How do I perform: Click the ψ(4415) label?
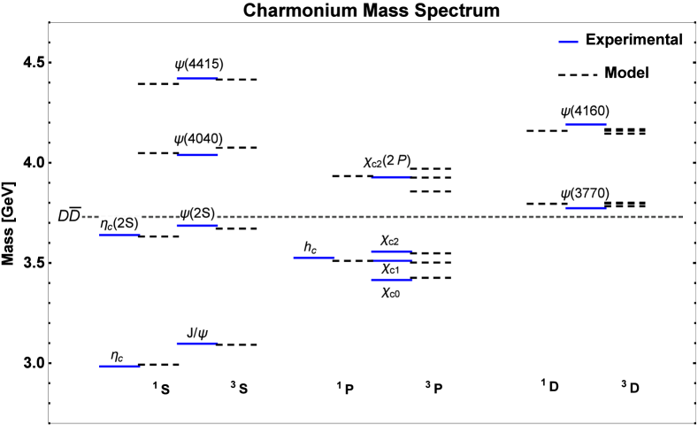200,65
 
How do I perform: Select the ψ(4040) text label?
199,139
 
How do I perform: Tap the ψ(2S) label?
198,213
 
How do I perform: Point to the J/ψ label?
198,333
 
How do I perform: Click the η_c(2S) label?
119,224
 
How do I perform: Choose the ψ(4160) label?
586,112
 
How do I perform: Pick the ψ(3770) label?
586,194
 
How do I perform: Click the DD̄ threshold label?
70,215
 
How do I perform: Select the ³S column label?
238,388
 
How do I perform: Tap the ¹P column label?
343,389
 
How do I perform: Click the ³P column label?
433,388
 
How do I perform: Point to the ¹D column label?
548,385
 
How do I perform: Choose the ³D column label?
629,387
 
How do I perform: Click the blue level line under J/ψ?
196,343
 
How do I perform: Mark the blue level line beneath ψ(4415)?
196,79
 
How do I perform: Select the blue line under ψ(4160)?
586,125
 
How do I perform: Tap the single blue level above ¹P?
314,258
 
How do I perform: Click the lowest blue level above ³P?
391,280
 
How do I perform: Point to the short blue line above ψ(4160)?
568,42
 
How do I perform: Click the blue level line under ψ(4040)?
197,155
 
